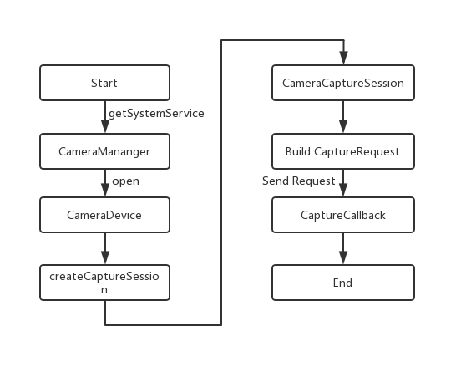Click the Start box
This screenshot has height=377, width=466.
coord(104,83)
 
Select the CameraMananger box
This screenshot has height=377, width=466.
coord(104,151)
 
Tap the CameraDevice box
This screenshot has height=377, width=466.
coord(104,215)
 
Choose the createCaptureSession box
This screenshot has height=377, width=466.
coord(104,283)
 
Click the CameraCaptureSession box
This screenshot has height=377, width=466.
coord(342,83)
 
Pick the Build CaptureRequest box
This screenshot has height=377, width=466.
coord(342,151)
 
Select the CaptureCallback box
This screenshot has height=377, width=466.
coord(342,215)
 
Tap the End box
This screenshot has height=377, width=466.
coord(342,283)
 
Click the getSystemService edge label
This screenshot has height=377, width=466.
coord(156,112)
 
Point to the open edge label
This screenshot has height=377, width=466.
coord(125,180)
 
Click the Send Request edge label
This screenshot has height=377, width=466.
coord(298,181)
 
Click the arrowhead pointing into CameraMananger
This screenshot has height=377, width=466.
coord(104,129)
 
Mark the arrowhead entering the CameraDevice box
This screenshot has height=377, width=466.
coord(104,192)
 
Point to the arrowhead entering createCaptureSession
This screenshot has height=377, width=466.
coord(104,260)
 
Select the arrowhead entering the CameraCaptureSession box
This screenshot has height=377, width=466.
coord(342,60)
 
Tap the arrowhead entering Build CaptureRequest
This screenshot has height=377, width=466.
coord(342,129)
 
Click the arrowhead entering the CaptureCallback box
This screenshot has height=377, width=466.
coord(342,192)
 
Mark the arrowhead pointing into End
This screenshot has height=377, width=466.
coord(342,260)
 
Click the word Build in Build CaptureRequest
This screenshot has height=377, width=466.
coord(299,151)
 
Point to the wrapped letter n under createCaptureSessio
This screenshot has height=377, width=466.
coord(104,290)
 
